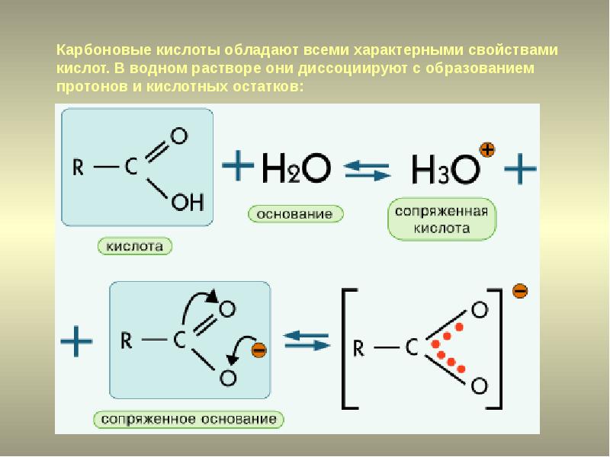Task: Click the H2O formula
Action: point(297,168)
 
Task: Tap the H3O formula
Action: point(446,169)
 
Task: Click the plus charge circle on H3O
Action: point(487,149)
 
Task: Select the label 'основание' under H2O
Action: point(296,214)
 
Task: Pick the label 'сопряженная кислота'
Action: point(442,219)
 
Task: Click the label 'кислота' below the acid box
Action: point(135,246)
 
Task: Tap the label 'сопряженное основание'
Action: point(188,420)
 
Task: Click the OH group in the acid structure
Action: point(188,202)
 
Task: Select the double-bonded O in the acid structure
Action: point(179,136)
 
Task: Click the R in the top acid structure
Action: point(79,168)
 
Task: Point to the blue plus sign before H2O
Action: point(238,165)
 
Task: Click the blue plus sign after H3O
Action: point(520,168)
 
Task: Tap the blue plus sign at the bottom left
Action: point(77,341)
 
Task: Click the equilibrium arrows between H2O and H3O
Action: point(367,171)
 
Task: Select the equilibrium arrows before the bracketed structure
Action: point(307,340)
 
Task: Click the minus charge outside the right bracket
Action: point(520,291)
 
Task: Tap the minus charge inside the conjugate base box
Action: point(258,350)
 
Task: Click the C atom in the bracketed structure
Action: point(411,347)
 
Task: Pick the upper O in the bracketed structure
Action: point(480,310)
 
